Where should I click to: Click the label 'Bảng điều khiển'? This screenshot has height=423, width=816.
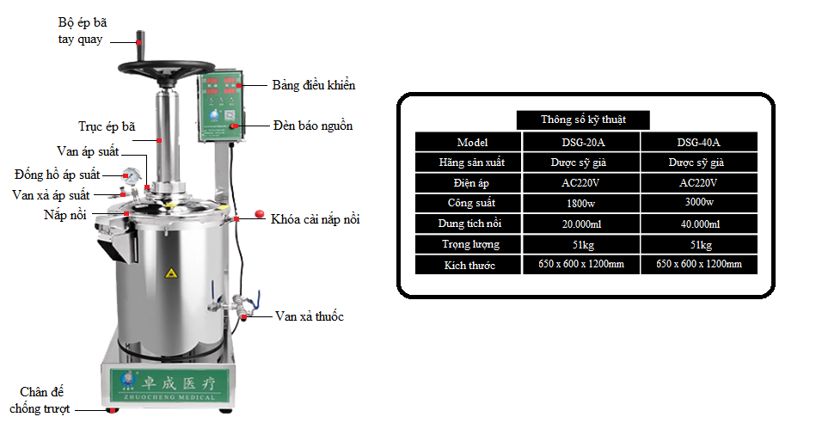click(313, 85)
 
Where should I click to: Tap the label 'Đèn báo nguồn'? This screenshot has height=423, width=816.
click(312, 126)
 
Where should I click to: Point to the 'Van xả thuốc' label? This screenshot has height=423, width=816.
click(309, 316)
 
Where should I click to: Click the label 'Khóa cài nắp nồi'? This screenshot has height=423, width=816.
click(315, 219)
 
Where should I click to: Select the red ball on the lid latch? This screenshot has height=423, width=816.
click(257, 215)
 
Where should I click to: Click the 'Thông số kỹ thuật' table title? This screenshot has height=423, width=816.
click(583, 120)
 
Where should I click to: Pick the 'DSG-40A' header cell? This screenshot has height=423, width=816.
click(698, 142)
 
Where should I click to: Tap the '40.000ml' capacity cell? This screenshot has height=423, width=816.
click(698, 224)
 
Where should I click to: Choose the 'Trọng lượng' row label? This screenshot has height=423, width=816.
click(468, 245)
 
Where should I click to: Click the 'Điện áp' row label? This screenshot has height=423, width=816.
click(468, 183)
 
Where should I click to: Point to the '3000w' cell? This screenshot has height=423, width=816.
click(698, 204)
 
